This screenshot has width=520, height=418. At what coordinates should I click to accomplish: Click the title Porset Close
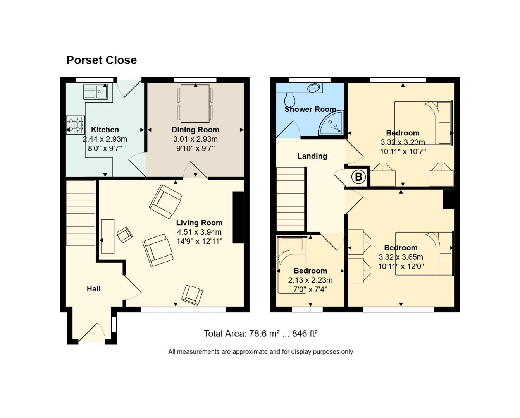(102, 60)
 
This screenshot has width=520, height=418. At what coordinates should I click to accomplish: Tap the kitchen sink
(96, 92)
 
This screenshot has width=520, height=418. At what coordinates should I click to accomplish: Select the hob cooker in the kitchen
(76, 125)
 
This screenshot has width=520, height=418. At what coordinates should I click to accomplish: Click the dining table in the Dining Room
(195, 103)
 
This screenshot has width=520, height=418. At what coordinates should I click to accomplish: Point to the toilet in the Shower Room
(289, 99)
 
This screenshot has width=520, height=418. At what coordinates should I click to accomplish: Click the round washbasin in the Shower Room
(314, 88)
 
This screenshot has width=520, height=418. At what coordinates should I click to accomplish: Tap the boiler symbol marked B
(358, 177)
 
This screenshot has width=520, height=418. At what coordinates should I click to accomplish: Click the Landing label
(312, 156)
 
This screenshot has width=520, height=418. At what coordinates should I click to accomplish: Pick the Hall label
(93, 289)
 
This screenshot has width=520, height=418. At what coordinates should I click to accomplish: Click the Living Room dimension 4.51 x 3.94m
(199, 232)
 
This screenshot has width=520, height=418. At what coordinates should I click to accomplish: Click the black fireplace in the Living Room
(238, 217)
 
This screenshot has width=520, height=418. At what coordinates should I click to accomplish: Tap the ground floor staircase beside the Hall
(81, 213)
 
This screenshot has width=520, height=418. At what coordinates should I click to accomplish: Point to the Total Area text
(260, 334)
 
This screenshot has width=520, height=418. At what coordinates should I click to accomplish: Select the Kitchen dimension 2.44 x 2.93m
(105, 139)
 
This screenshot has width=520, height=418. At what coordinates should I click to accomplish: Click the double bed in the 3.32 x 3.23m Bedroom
(423, 123)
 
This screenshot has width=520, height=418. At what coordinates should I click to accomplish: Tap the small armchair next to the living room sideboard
(125, 235)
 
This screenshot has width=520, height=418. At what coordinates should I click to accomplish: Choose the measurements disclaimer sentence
(260, 352)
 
